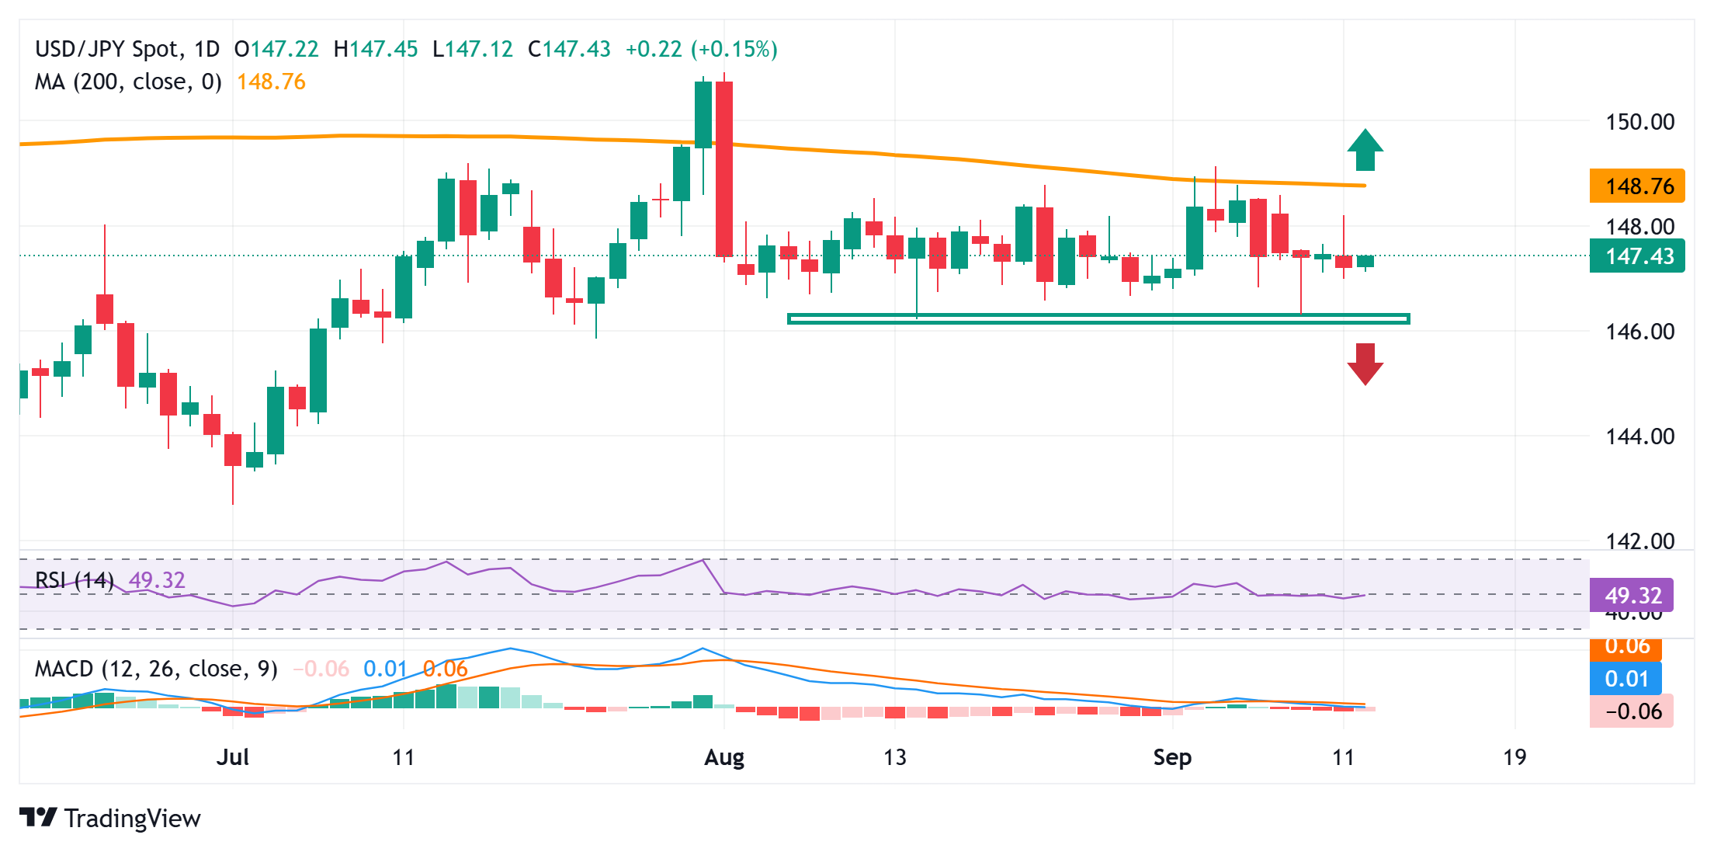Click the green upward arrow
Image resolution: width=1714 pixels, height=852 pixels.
pyautogui.click(x=1365, y=150)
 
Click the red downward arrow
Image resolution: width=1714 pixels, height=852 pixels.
pyautogui.click(x=1365, y=364)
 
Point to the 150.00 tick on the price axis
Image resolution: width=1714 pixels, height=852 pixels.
pyautogui.click(x=1639, y=122)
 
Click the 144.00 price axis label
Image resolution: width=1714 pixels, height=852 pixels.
pyautogui.click(x=1639, y=436)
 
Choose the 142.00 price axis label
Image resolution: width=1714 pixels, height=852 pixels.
pyautogui.click(x=1639, y=541)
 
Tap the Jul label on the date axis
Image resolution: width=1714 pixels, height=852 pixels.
pyautogui.click(x=232, y=757)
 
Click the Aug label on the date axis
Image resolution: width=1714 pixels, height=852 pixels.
pyautogui.click(x=723, y=757)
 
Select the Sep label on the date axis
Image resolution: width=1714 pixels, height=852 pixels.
pyautogui.click(x=1172, y=757)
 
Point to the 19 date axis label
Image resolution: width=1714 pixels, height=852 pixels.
pyautogui.click(x=1514, y=757)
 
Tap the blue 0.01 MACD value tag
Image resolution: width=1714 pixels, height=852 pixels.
pyautogui.click(x=1626, y=679)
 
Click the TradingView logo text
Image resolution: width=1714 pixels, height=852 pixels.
pyautogui.click(x=132, y=819)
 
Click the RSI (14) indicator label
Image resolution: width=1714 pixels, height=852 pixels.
pyautogui.click(x=75, y=580)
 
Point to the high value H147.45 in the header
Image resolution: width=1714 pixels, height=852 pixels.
pyautogui.click(x=376, y=50)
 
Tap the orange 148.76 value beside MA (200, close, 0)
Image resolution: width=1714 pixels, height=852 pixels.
pyautogui.click(x=271, y=82)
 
